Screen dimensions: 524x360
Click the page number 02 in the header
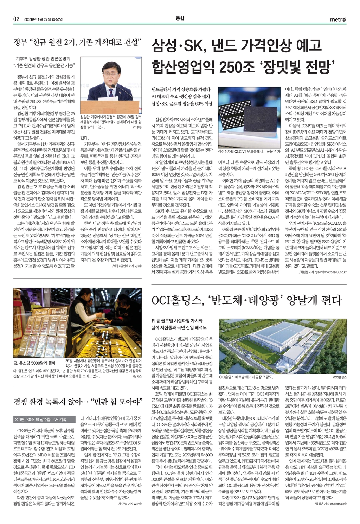coord(16,19)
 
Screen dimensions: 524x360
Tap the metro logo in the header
coord(338,20)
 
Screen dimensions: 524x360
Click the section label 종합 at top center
coord(180,19)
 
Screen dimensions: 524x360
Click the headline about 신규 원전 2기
coord(77,43)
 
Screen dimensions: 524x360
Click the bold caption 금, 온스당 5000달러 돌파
coord(34,363)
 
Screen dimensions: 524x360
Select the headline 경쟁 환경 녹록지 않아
coord(77,401)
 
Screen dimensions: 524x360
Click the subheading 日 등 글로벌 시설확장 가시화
coord(177,321)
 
